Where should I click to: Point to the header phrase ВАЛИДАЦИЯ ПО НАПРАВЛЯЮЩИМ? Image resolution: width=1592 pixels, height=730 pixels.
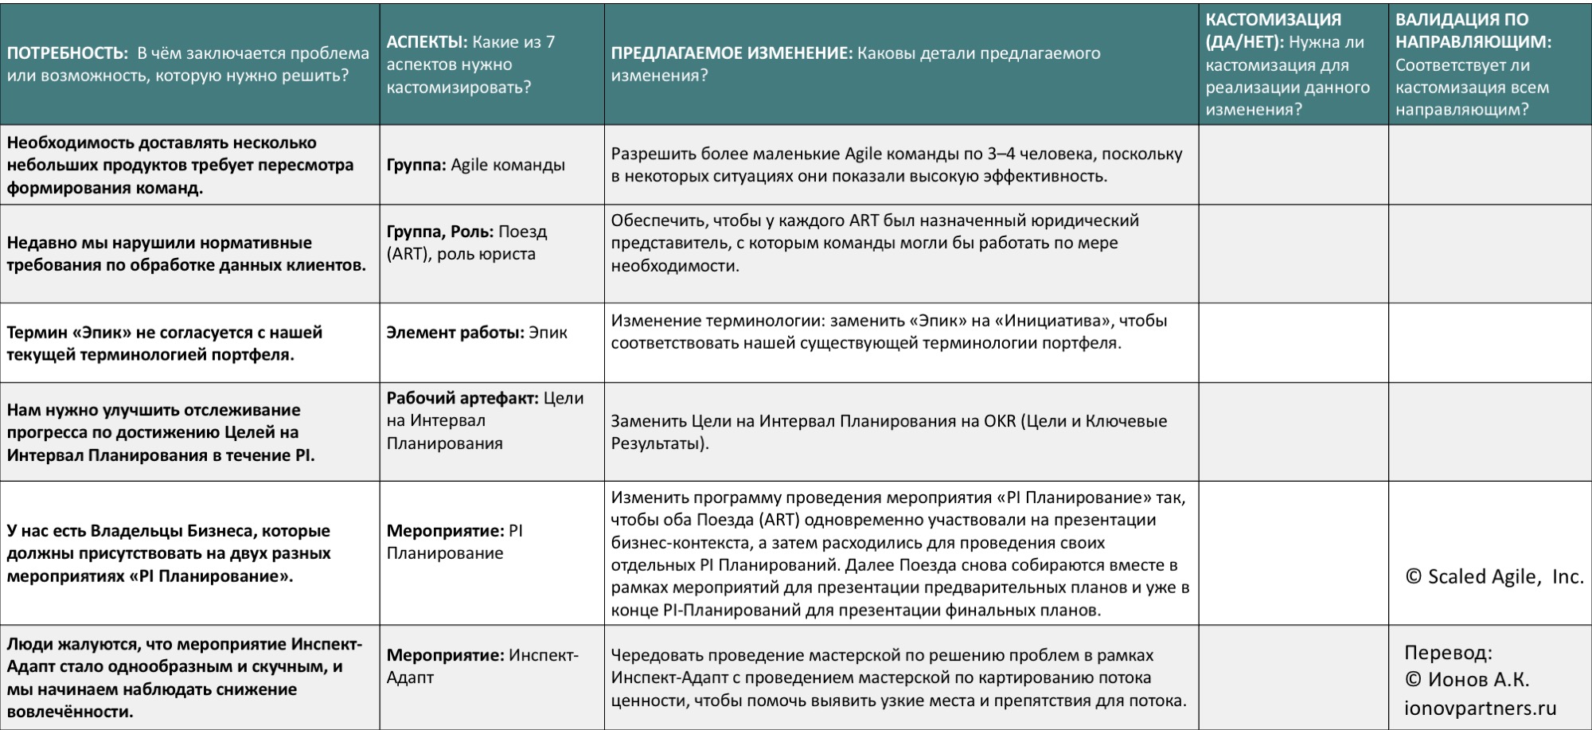coord(1473,30)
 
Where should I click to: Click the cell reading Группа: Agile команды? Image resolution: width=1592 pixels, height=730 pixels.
coord(475,165)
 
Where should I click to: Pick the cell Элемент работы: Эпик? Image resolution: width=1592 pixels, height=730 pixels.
coord(477,332)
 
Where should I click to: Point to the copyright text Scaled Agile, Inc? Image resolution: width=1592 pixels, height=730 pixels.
coord(1495,576)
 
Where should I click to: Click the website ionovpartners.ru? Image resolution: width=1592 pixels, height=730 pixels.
coord(1480,708)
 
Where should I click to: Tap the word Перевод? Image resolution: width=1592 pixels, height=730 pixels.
coord(1447,652)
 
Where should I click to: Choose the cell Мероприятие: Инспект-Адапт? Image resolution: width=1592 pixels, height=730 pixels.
coord(482,666)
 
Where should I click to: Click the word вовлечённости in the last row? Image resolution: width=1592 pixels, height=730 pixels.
coord(69,711)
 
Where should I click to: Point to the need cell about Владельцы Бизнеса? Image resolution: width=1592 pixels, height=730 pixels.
coord(169,552)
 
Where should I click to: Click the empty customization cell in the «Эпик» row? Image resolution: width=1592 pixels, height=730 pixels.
coord(1293,342)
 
